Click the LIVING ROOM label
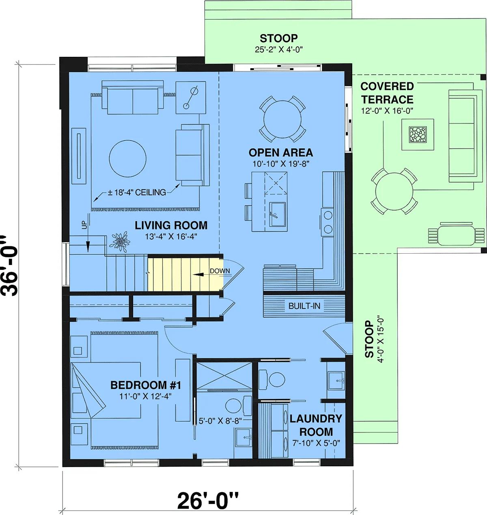point(171,225)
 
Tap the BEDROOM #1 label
point(146,385)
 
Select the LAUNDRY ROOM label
point(316,425)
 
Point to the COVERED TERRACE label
point(387,93)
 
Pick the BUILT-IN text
point(304,306)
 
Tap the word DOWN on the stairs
point(220,271)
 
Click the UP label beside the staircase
point(84,225)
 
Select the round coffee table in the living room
point(127,159)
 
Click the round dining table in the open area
point(282,119)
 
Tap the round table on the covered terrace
point(394,191)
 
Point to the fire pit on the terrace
point(418,135)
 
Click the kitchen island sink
point(278,214)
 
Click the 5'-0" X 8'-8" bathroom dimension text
point(220,421)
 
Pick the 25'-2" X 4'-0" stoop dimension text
point(279,49)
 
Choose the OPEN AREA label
point(281,153)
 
